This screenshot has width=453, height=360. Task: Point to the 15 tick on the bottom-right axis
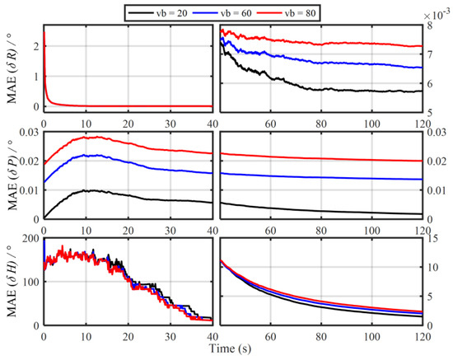click(x=435, y=240)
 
